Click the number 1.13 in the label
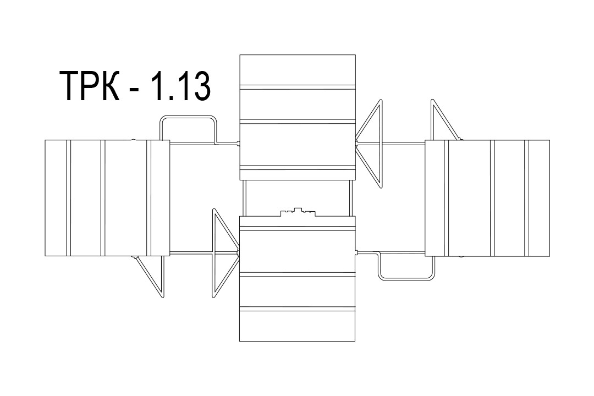pyautogui.click(x=181, y=86)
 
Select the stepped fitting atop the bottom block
pyautogui.click(x=298, y=212)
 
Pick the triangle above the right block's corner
pyautogui.click(x=446, y=120)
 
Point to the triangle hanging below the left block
pyautogui.click(x=150, y=276)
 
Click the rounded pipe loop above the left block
pyautogui.click(x=188, y=117)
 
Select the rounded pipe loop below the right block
pyautogui.click(x=406, y=279)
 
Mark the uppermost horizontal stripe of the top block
pyautogui.click(x=298, y=87)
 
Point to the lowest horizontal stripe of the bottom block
pyautogui.click(x=298, y=309)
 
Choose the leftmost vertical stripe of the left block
pyautogui.click(x=69, y=198)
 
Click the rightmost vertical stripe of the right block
pyautogui.click(x=526, y=198)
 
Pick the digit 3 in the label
pyautogui.click(x=200, y=86)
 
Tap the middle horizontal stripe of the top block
pyautogui.click(x=298, y=122)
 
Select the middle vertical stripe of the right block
pyautogui.click(x=492, y=198)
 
